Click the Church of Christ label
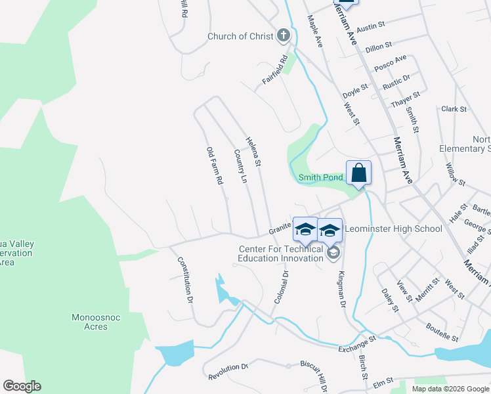tap(240, 36)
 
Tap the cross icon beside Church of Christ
tap(284, 35)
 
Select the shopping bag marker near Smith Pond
tap(358, 174)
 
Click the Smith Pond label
tap(321, 177)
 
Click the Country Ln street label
tap(240, 166)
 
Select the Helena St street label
tap(254, 151)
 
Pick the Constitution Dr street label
tap(184, 279)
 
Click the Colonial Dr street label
tap(282, 288)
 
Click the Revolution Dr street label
tap(228, 372)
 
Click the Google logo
tap(22, 386)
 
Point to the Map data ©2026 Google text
tap(450, 389)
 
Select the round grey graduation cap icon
tap(333, 253)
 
